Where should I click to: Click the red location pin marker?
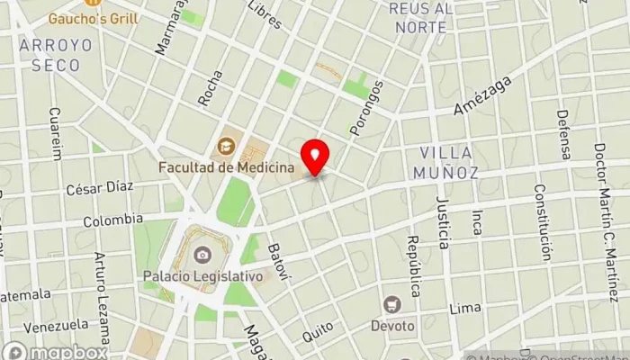315,157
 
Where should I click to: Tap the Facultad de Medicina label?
227,166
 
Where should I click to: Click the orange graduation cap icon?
225,144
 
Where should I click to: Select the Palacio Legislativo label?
202,276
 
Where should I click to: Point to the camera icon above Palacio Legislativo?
203,255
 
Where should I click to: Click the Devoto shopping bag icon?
391,304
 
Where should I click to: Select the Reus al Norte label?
418,17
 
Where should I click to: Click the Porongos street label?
367,108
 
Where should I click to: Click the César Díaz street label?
99,188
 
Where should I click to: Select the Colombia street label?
112,220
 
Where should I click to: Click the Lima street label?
464,308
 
